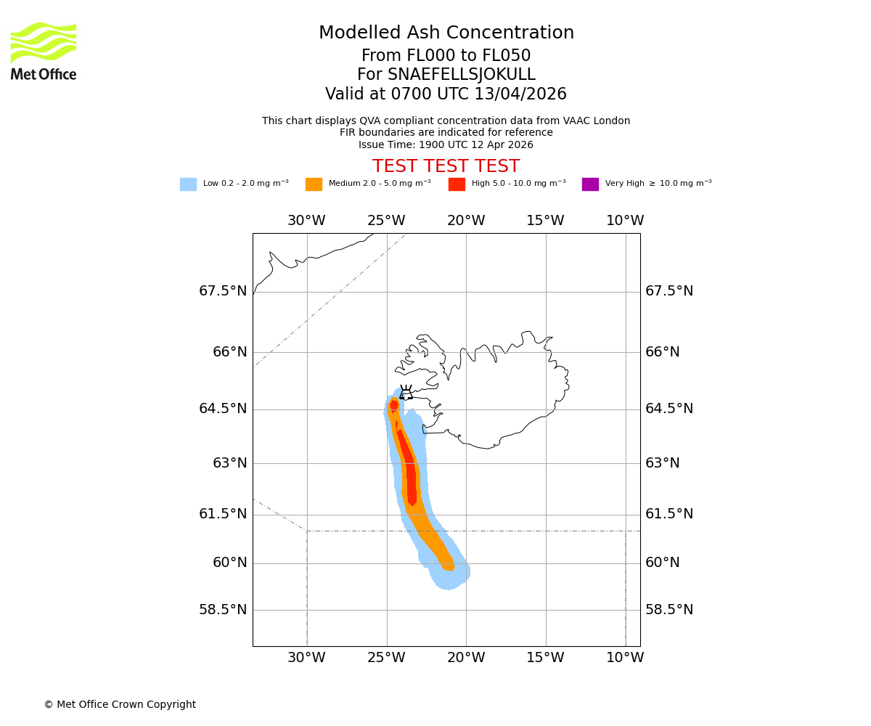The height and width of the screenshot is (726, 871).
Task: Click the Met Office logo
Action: (x=44, y=51)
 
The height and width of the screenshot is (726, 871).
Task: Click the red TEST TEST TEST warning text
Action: (x=446, y=167)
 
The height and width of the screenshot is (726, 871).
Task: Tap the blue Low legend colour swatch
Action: (x=188, y=184)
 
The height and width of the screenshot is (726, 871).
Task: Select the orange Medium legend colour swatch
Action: (x=314, y=184)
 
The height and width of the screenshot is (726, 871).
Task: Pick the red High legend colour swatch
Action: (x=457, y=184)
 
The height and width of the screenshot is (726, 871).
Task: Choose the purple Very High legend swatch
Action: (x=590, y=184)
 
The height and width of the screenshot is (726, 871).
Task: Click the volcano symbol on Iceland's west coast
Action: (x=406, y=393)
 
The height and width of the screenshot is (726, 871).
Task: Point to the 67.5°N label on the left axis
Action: (x=223, y=291)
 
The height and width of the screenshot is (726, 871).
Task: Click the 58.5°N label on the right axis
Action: (x=669, y=610)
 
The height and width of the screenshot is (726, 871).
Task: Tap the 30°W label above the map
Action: (x=306, y=221)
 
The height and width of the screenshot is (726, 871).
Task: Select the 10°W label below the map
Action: (x=625, y=658)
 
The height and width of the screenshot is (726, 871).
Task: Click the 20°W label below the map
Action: (x=466, y=658)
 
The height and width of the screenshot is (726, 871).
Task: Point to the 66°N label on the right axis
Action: (x=663, y=352)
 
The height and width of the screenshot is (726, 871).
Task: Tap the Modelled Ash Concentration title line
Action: (x=446, y=33)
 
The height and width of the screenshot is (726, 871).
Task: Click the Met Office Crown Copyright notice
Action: (x=120, y=704)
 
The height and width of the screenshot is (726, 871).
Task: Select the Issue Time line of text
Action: (x=446, y=144)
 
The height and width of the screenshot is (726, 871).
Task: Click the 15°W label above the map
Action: (x=545, y=221)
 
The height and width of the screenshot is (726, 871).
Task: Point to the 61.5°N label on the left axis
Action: (x=223, y=514)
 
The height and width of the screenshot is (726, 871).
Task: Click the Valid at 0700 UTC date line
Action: (x=446, y=94)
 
